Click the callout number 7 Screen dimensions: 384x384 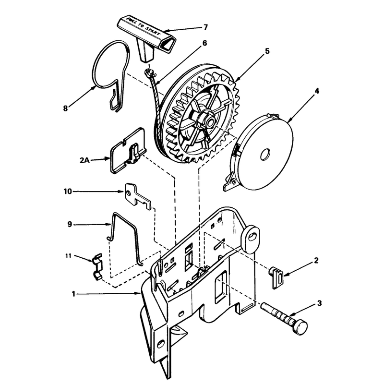click(206, 27)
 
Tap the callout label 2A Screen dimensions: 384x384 click(85, 161)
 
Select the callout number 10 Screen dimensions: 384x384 click(68, 191)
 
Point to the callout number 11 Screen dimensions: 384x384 click(68, 256)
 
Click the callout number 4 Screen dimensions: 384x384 click(317, 91)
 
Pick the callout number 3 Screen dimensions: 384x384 click(319, 303)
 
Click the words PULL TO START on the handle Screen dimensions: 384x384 click(143, 26)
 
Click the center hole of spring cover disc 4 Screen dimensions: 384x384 click(265, 154)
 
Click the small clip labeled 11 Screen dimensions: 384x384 click(97, 267)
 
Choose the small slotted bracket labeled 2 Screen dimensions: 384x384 click(277, 278)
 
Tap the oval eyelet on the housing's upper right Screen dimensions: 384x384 click(251, 239)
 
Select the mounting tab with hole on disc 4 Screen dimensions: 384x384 click(230, 182)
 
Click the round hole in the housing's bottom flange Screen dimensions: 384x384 click(161, 344)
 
